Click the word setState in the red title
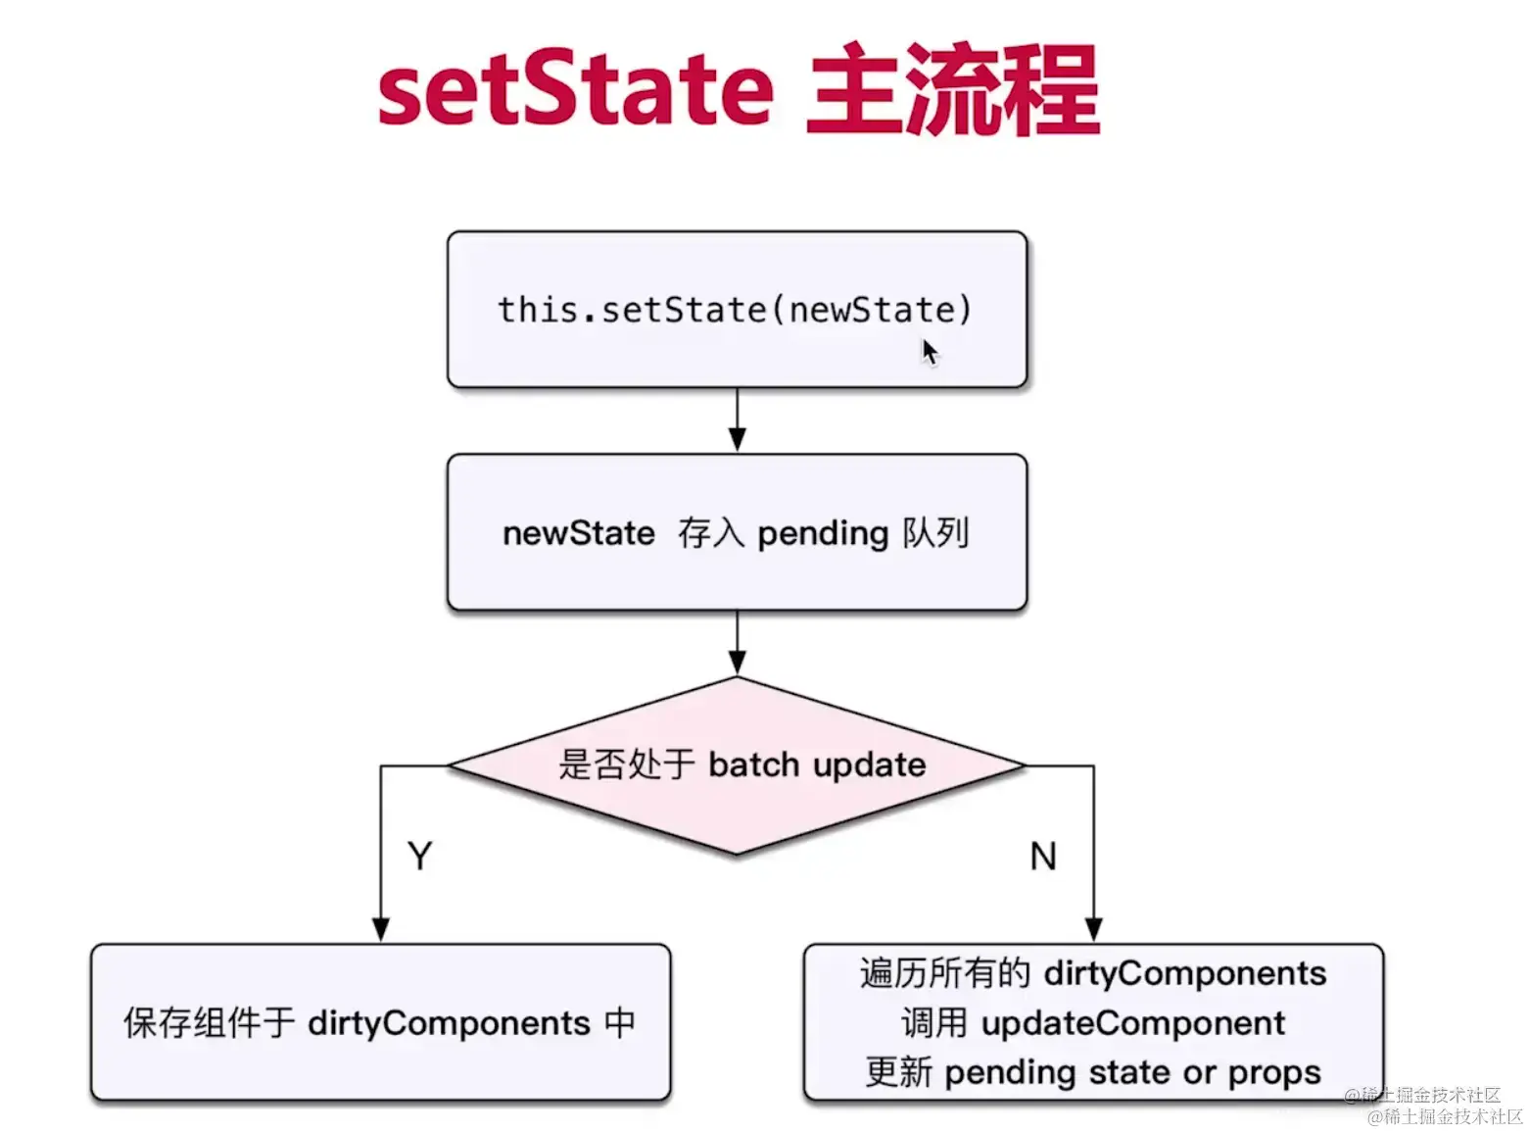(575, 90)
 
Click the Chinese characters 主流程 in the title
(952, 90)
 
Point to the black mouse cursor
(929, 351)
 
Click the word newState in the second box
(578, 533)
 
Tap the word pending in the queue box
(823, 533)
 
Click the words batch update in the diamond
(817, 764)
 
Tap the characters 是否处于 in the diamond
(627, 764)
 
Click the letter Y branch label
(419, 857)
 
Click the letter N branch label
(1043, 857)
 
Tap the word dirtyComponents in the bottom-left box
(449, 1023)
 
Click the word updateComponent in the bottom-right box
(1132, 1023)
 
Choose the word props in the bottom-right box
(1273, 1072)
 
